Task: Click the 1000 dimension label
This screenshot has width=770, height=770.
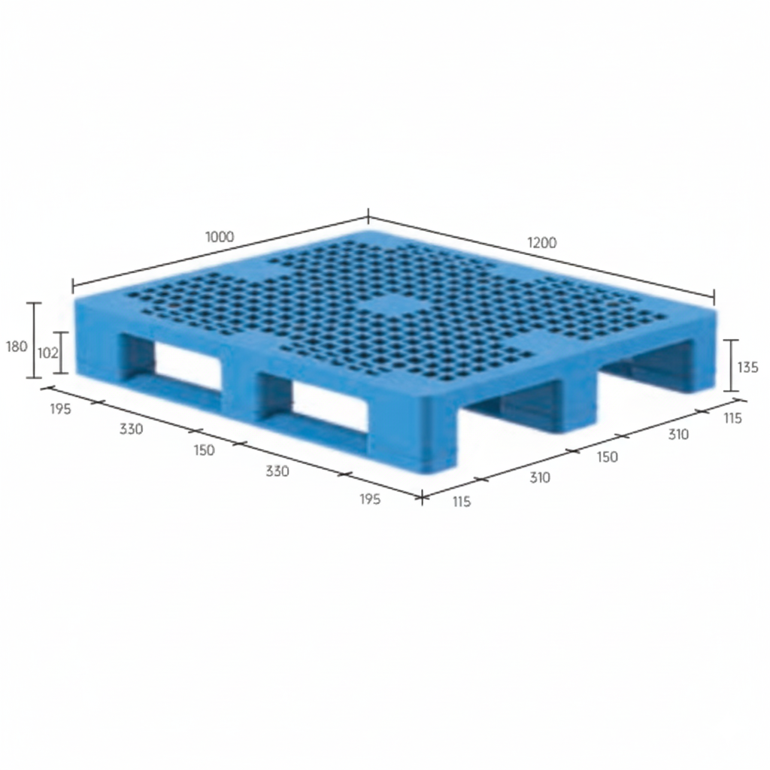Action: tap(220, 236)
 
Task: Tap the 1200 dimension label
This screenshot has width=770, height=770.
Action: tap(541, 242)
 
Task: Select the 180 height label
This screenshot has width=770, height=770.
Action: tap(17, 347)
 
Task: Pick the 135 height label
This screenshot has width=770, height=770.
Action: tap(747, 368)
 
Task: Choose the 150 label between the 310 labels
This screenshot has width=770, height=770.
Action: tap(607, 456)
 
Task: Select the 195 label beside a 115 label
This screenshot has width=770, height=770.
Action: tap(370, 499)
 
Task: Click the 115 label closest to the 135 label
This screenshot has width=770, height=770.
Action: tap(732, 418)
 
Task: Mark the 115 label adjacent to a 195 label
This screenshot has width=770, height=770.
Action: tap(461, 502)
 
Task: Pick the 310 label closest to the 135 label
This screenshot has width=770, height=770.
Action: tap(678, 435)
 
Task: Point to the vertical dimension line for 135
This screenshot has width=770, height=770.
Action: tap(733, 365)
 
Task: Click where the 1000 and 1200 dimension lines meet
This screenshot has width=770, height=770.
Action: tap(368, 219)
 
